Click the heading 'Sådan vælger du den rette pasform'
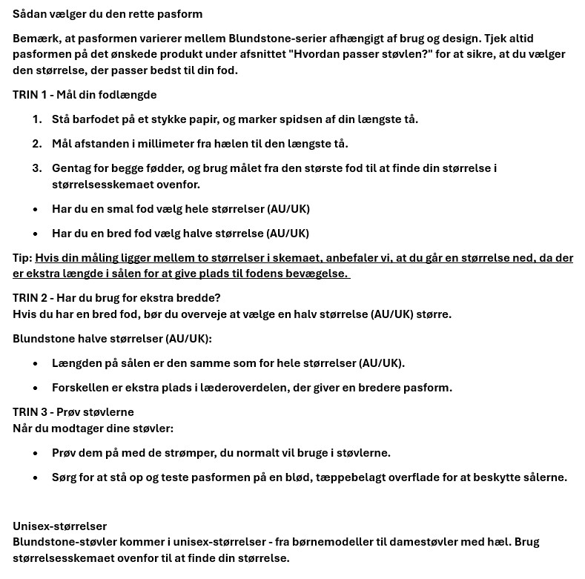click(x=108, y=14)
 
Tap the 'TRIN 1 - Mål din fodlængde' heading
click(x=85, y=95)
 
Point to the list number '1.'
click(x=37, y=119)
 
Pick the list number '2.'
click(x=37, y=144)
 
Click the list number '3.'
click(x=37, y=168)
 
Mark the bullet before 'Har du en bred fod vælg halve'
click(x=36, y=234)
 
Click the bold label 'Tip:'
click(x=22, y=258)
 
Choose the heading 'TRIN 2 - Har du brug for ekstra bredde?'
click(x=116, y=298)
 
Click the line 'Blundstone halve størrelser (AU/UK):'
click(x=112, y=339)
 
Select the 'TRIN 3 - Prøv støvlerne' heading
click(x=73, y=412)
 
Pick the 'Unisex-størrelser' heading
click(x=59, y=526)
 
